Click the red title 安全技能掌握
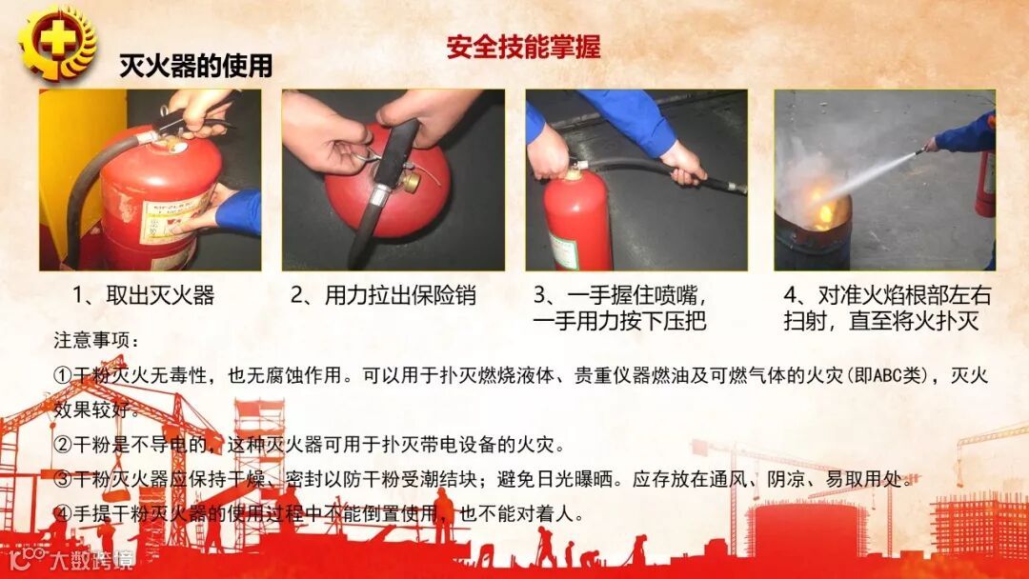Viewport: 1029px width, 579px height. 524,48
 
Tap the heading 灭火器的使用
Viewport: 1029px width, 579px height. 195,66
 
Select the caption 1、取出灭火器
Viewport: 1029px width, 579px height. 144,295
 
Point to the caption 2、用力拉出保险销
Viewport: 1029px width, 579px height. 383,295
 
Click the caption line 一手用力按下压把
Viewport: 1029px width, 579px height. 619,321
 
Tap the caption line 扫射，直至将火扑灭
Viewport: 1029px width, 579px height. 881,321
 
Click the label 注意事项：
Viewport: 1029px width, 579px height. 96,340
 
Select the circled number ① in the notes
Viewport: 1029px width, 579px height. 63,376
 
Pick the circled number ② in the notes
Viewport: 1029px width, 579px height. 63,446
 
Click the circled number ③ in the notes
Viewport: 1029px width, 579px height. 63,479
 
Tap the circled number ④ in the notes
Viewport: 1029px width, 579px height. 63,513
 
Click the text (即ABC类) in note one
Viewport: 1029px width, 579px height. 882,376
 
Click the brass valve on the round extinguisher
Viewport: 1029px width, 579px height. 412,181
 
